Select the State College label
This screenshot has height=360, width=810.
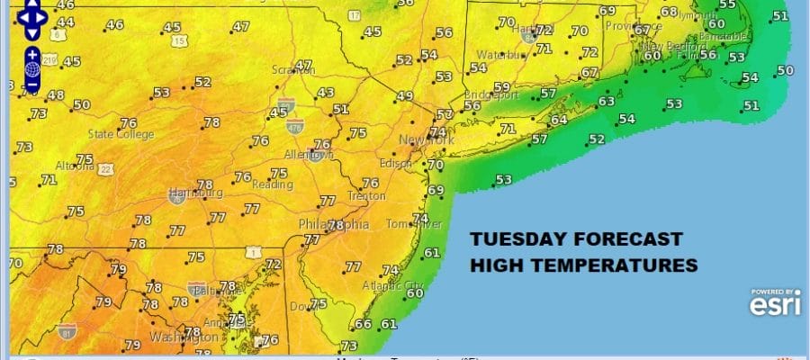click(121, 135)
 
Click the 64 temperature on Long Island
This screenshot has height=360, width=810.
click(559, 120)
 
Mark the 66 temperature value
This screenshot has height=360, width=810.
click(363, 324)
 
